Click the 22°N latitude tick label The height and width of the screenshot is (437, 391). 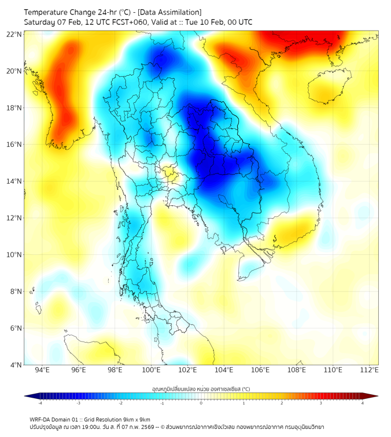click(x=14, y=34)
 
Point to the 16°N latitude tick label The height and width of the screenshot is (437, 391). click(x=14, y=145)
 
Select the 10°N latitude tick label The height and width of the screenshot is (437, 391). click(x=14, y=255)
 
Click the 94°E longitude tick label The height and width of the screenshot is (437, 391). click(x=42, y=370)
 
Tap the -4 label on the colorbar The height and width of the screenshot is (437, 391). click(x=39, y=403)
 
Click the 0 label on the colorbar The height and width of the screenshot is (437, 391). click(x=201, y=403)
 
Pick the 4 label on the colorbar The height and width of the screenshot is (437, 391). click(x=362, y=403)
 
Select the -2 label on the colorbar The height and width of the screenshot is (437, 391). click(x=120, y=403)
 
